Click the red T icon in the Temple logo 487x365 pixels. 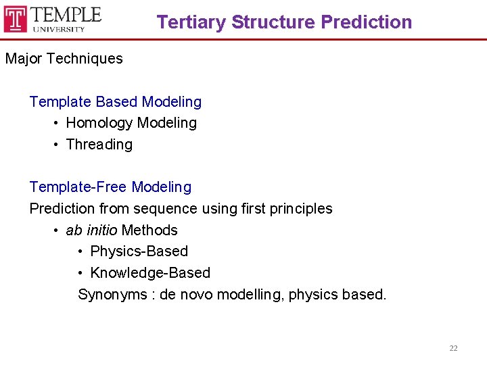(16, 18)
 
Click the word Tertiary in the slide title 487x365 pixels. (191, 22)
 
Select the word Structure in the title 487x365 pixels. (273, 22)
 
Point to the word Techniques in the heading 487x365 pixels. (87, 59)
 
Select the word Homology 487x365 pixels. (99, 123)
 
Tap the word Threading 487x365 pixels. (99, 145)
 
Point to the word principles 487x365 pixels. (302, 209)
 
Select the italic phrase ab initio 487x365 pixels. (91, 230)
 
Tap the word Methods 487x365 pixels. (149, 230)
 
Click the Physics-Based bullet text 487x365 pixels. (139, 251)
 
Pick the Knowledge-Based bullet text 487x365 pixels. (150, 273)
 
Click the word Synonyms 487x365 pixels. (112, 295)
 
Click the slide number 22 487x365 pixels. (453, 348)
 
